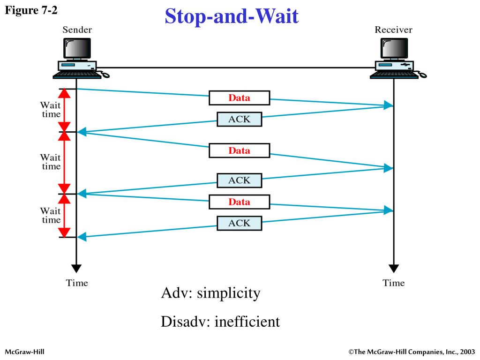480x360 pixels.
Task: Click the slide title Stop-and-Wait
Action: click(x=232, y=16)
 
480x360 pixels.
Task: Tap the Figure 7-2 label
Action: click(x=31, y=10)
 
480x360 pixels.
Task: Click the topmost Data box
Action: click(x=239, y=98)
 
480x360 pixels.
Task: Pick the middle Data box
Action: click(x=239, y=150)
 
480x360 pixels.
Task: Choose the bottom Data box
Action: click(x=239, y=202)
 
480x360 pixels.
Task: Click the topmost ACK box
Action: click(x=239, y=120)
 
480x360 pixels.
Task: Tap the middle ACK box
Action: click(x=239, y=180)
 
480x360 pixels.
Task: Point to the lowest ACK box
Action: click(x=239, y=223)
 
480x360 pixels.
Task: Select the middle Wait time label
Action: click(x=50, y=162)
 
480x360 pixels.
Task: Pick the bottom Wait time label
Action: click(x=50, y=216)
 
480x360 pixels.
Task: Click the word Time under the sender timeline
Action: click(x=77, y=283)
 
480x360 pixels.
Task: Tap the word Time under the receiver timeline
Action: click(x=394, y=283)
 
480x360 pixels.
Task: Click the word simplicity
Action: click(x=228, y=294)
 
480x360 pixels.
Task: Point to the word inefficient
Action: click(x=247, y=322)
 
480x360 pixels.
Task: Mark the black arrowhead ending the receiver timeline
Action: click(x=394, y=269)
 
